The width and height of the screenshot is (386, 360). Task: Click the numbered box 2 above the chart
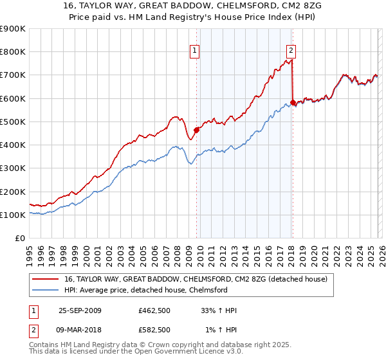(291, 50)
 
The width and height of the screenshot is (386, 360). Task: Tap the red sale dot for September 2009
(196, 130)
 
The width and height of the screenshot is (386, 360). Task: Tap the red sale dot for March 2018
(293, 102)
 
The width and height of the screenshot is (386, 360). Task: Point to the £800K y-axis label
(12, 52)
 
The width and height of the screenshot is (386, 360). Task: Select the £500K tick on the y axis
(12, 122)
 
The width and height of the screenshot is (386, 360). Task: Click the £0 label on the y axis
(19, 238)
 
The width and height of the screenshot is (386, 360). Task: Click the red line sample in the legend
(46, 279)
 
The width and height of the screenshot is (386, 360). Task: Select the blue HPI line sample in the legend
(46, 290)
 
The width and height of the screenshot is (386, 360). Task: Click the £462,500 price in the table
(154, 310)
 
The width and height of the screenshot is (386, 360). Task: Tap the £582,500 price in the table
(154, 330)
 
